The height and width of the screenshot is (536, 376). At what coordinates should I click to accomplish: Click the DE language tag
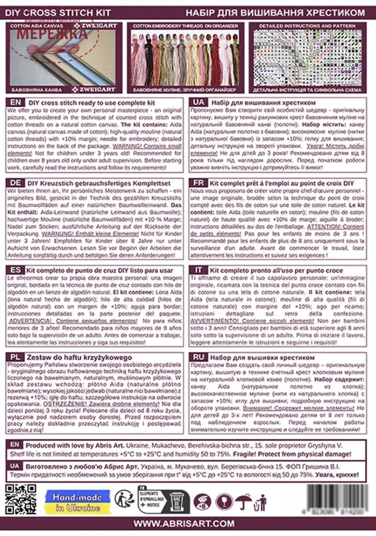point(16,183)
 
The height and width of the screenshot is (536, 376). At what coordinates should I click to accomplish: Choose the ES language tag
point(16,270)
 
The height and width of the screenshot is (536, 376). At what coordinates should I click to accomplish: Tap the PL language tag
point(16,358)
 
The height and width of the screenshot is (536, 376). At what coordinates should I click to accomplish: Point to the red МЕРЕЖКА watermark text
point(52,34)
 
